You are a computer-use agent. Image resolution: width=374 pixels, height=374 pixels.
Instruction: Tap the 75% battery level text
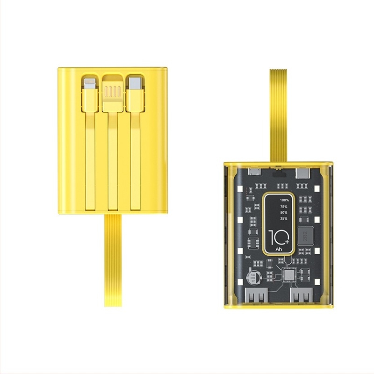point(283,206)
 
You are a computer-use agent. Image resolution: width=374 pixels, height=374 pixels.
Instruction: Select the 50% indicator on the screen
point(283,212)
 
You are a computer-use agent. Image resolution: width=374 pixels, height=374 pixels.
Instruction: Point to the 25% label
point(283,218)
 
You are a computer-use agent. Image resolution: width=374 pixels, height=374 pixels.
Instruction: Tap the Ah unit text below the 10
point(279,249)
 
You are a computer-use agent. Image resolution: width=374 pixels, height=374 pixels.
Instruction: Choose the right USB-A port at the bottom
point(302,296)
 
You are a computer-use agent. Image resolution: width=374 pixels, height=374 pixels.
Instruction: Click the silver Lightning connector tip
point(90,85)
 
